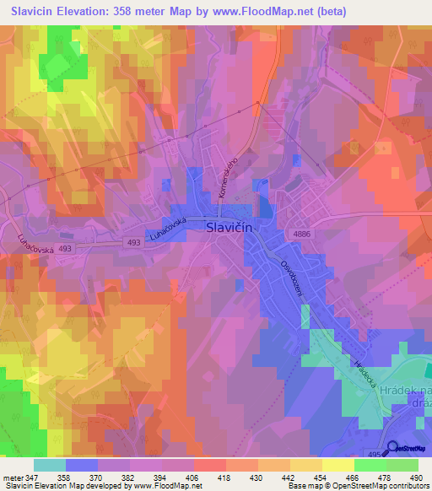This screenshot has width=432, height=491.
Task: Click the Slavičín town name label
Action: tap(229, 227)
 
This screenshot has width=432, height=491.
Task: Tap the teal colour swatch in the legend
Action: tap(50, 465)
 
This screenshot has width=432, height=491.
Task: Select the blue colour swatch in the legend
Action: tap(82, 465)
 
